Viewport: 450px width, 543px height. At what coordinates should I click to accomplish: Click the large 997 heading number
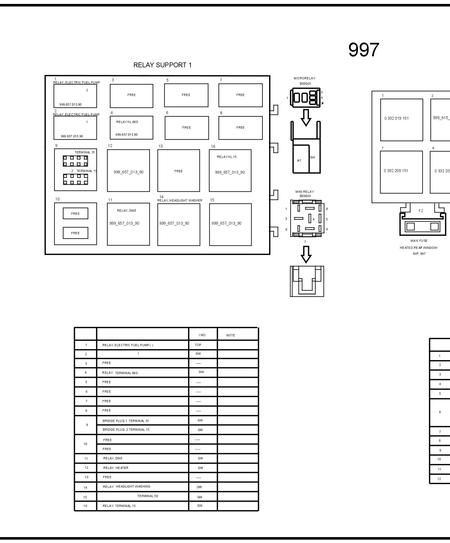tap(364, 50)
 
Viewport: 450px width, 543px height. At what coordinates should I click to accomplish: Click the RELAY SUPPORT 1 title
tap(162, 65)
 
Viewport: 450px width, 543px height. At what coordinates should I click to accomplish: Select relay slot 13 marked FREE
tap(178, 171)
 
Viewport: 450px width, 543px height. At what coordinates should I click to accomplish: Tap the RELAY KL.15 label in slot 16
tap(227, 157)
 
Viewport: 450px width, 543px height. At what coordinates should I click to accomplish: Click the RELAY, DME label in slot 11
tap(127, 211)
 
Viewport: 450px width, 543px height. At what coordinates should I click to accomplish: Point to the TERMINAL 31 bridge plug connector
tap(75, 161)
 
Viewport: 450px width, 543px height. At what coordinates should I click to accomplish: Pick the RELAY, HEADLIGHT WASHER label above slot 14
tap(180, 200)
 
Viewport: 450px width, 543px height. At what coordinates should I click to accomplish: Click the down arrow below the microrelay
tap(306, 117)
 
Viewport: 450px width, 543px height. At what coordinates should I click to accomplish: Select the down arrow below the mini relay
tap(306, 254)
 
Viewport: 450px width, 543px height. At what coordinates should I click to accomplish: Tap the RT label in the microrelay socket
tap(299, 161)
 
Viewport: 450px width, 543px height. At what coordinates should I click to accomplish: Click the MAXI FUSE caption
tap(419, 241)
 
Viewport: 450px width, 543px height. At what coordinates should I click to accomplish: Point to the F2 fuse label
tap(421, 211)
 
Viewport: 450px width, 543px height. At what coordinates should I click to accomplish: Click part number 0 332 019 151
tap(396, 118)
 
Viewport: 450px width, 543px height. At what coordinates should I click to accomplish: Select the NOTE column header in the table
tap(230, 335)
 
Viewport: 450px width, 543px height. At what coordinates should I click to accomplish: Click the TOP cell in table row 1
tap(198, 345)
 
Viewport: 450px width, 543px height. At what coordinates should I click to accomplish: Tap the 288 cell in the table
tap(199, 487)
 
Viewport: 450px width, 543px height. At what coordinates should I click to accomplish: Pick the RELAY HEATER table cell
tap(116, 468)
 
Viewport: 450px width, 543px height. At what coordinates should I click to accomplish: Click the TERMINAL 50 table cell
tap(147, 496)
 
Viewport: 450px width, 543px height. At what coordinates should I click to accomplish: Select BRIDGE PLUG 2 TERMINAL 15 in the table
tap(126, 430)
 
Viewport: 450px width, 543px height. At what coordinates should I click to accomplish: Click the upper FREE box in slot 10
tap(75, 214)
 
